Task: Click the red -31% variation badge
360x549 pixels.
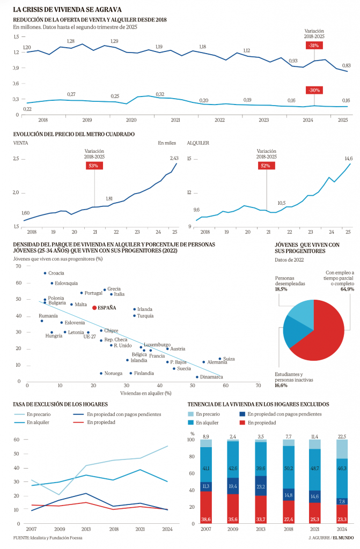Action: [x=314, y=46]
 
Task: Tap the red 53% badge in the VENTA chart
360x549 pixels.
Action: [x=94, y=166]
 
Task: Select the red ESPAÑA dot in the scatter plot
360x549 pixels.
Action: [x=94, y=308]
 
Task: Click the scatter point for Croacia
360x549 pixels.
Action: [x=45, y=273]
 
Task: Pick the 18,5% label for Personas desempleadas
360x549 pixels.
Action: [x=281, y=289]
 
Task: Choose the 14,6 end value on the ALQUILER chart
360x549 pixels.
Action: [x=348, y=159]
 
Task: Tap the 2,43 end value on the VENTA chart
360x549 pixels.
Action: [x=174, y=158]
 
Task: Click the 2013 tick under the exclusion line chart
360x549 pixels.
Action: [x=86, y=529]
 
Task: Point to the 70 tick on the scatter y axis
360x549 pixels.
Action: [x=18, y=266]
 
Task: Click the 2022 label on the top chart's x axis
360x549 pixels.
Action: [x=219, y=120]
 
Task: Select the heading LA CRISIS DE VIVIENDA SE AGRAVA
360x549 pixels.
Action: [x=67, y=9]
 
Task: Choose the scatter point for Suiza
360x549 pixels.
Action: [x=219, y=359]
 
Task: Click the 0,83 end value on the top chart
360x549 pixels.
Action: [x=346, y=65]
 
